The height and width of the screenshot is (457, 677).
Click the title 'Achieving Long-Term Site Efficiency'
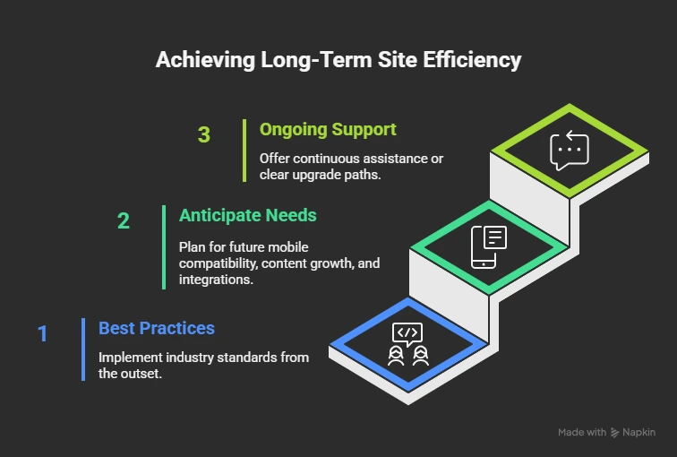[x=338, y=60]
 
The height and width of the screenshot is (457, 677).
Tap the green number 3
[x=204, y=135]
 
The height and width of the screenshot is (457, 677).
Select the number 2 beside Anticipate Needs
[x=124, y=220]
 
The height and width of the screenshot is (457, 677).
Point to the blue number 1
[x=42, y=334]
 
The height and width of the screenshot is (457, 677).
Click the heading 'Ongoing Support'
[x=328, y=129]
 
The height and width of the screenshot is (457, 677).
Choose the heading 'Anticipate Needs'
[x=247, y=215]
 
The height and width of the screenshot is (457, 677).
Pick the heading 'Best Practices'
[x=157, y=328]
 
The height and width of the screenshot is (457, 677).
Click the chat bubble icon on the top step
[x=569, y=151]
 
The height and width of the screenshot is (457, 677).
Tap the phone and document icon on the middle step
[x=489, y=246]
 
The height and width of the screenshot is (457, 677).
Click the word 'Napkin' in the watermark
[x=639, y=432]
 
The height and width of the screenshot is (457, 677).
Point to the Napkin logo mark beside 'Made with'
[x=614, y=432]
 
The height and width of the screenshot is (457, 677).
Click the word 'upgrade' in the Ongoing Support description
[x=321, y=174]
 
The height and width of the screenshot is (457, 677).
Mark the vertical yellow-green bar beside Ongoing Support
[x=244, y=150]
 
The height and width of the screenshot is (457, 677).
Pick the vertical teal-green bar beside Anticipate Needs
[x=164, y=246]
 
